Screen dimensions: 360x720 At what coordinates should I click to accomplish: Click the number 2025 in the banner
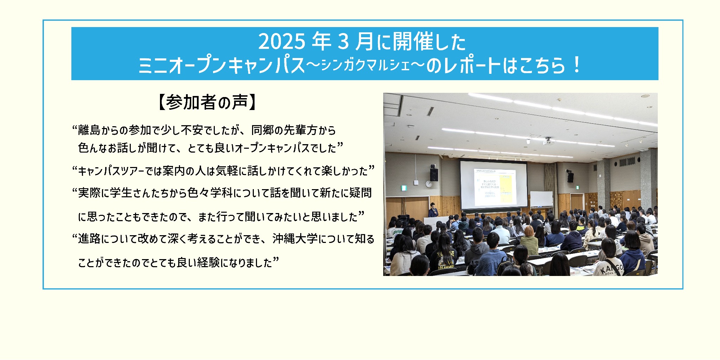(282, 42)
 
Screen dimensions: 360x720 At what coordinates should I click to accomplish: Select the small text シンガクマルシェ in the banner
(366, 65)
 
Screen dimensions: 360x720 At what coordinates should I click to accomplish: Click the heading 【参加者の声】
(207, 103)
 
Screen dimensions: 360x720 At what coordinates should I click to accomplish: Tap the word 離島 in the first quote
(89, 130)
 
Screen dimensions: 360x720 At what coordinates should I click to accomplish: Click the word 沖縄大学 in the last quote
(295, 239)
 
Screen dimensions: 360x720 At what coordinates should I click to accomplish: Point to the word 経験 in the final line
(208, 263)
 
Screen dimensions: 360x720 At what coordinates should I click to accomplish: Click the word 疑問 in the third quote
(360, 193)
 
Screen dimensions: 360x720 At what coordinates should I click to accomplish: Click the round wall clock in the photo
(429, 184)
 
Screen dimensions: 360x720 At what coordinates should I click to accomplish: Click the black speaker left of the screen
(434, 174)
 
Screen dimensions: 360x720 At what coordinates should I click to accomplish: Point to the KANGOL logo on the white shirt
(612, 270)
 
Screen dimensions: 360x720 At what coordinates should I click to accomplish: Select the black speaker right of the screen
(570, 177)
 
